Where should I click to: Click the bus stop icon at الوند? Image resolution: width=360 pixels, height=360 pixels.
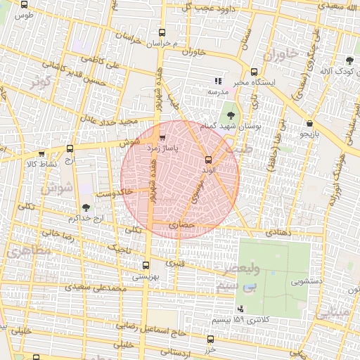(207, 160)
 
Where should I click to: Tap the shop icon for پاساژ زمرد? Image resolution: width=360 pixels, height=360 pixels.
(163, 139)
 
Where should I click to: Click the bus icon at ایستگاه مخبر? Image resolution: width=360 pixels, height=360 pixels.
(254, 71)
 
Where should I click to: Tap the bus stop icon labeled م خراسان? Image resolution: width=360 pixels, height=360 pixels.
(163, 32)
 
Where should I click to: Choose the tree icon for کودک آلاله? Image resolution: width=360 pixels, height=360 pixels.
(349, 60)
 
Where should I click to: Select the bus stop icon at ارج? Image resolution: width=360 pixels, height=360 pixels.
(69, 148)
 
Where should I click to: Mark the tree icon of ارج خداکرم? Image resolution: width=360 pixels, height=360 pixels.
(86, 207)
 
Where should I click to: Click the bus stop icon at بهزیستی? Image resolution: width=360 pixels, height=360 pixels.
(146, 265)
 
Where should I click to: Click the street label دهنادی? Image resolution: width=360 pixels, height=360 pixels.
(276, 232)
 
